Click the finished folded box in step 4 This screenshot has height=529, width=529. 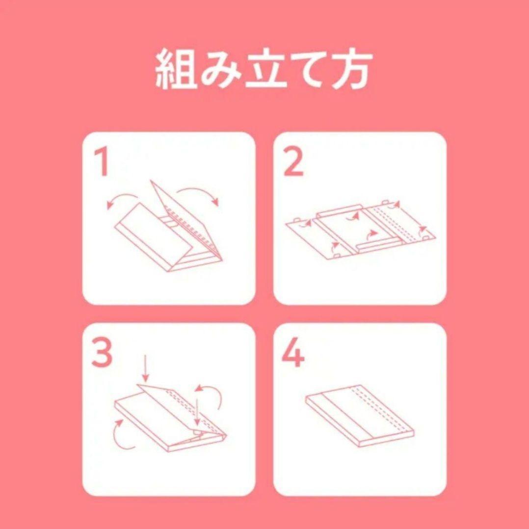[360, 416]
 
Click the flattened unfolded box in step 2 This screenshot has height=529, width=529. [360, 231]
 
